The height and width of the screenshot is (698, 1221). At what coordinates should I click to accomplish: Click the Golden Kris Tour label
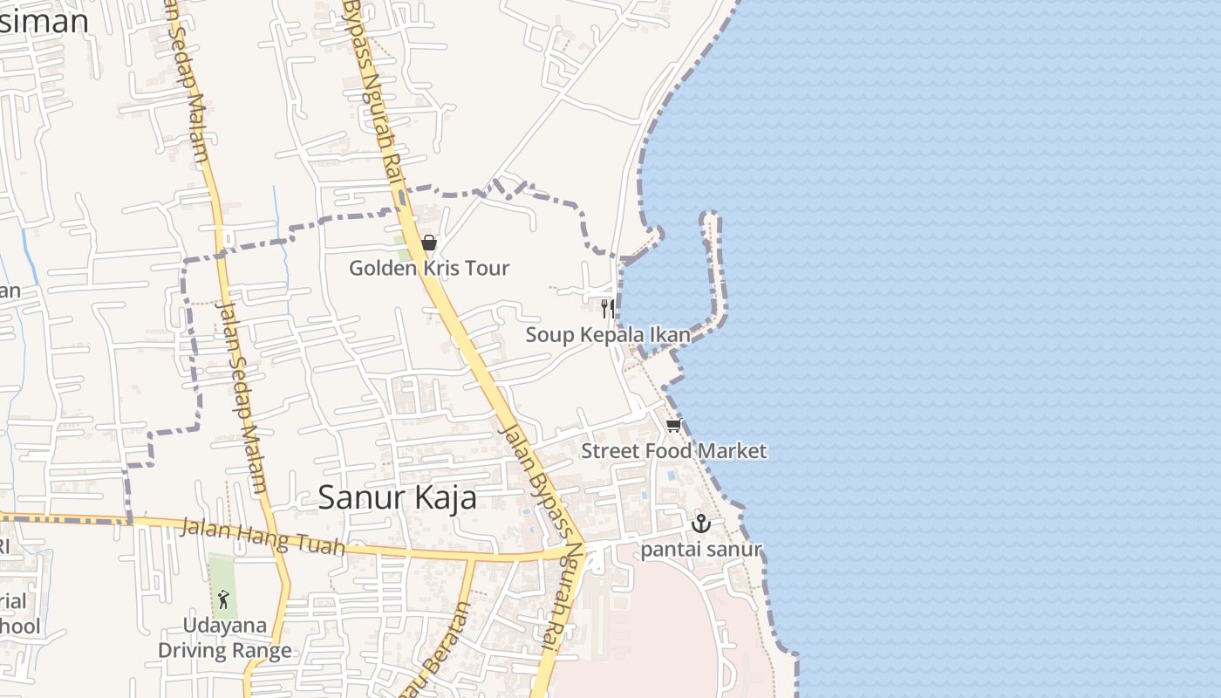[429, 268]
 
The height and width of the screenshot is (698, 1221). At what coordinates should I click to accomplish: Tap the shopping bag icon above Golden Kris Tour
[428, 243]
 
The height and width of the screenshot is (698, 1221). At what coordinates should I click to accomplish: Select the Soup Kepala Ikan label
[607, 335]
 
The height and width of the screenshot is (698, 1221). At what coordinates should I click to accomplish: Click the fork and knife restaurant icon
[607, 308]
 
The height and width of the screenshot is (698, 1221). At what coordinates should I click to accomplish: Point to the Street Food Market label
[673, 451]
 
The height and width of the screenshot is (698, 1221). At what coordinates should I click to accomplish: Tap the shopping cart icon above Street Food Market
[673, 426]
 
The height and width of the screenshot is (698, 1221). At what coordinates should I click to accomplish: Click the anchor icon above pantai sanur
[700, 523]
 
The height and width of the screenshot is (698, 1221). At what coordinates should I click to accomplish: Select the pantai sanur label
[701, 550]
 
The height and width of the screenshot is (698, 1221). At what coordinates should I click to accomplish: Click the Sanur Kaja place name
[397, 497]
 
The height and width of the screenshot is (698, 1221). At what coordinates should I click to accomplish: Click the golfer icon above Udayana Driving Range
[223, 599]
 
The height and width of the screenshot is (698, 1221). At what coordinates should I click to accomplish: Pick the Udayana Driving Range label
[224, 638]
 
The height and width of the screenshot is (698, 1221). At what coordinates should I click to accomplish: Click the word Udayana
[224, 626]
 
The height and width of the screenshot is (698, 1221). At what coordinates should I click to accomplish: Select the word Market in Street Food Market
[730, 451]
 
